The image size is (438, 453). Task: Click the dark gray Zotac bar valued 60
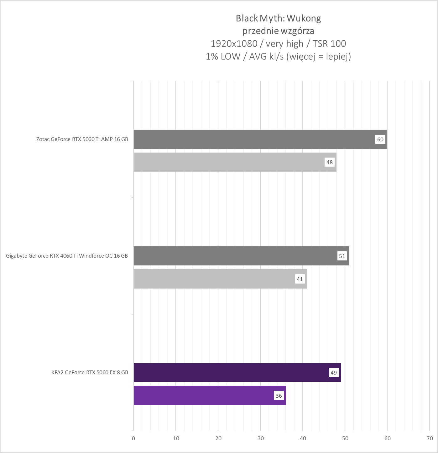(251, 139)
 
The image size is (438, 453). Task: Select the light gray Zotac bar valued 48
(232, 162)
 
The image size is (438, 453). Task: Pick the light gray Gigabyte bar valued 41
(216, 279)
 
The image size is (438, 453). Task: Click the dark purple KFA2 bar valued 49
(232, 372)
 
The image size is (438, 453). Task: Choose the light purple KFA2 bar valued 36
(204, 395)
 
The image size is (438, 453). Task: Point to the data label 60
(380, 139)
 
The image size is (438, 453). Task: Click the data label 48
(330, 162)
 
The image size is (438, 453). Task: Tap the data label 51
(342, 256)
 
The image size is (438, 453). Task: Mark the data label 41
(300, 279)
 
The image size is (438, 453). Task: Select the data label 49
(334, 373)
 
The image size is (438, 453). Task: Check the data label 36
(279, 396)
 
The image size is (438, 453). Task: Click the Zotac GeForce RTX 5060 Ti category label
(82, 139)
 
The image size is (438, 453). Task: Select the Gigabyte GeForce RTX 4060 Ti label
(67, 256)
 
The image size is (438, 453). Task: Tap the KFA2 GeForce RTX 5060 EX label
(90, 372)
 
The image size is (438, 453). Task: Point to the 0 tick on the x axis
(133, 438)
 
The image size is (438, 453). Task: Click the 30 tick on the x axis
(261, 438)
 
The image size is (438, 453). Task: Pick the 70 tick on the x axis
(430, 438)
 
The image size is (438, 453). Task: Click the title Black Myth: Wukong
(278, 18)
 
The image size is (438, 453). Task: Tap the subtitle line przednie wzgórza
(278, 31)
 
